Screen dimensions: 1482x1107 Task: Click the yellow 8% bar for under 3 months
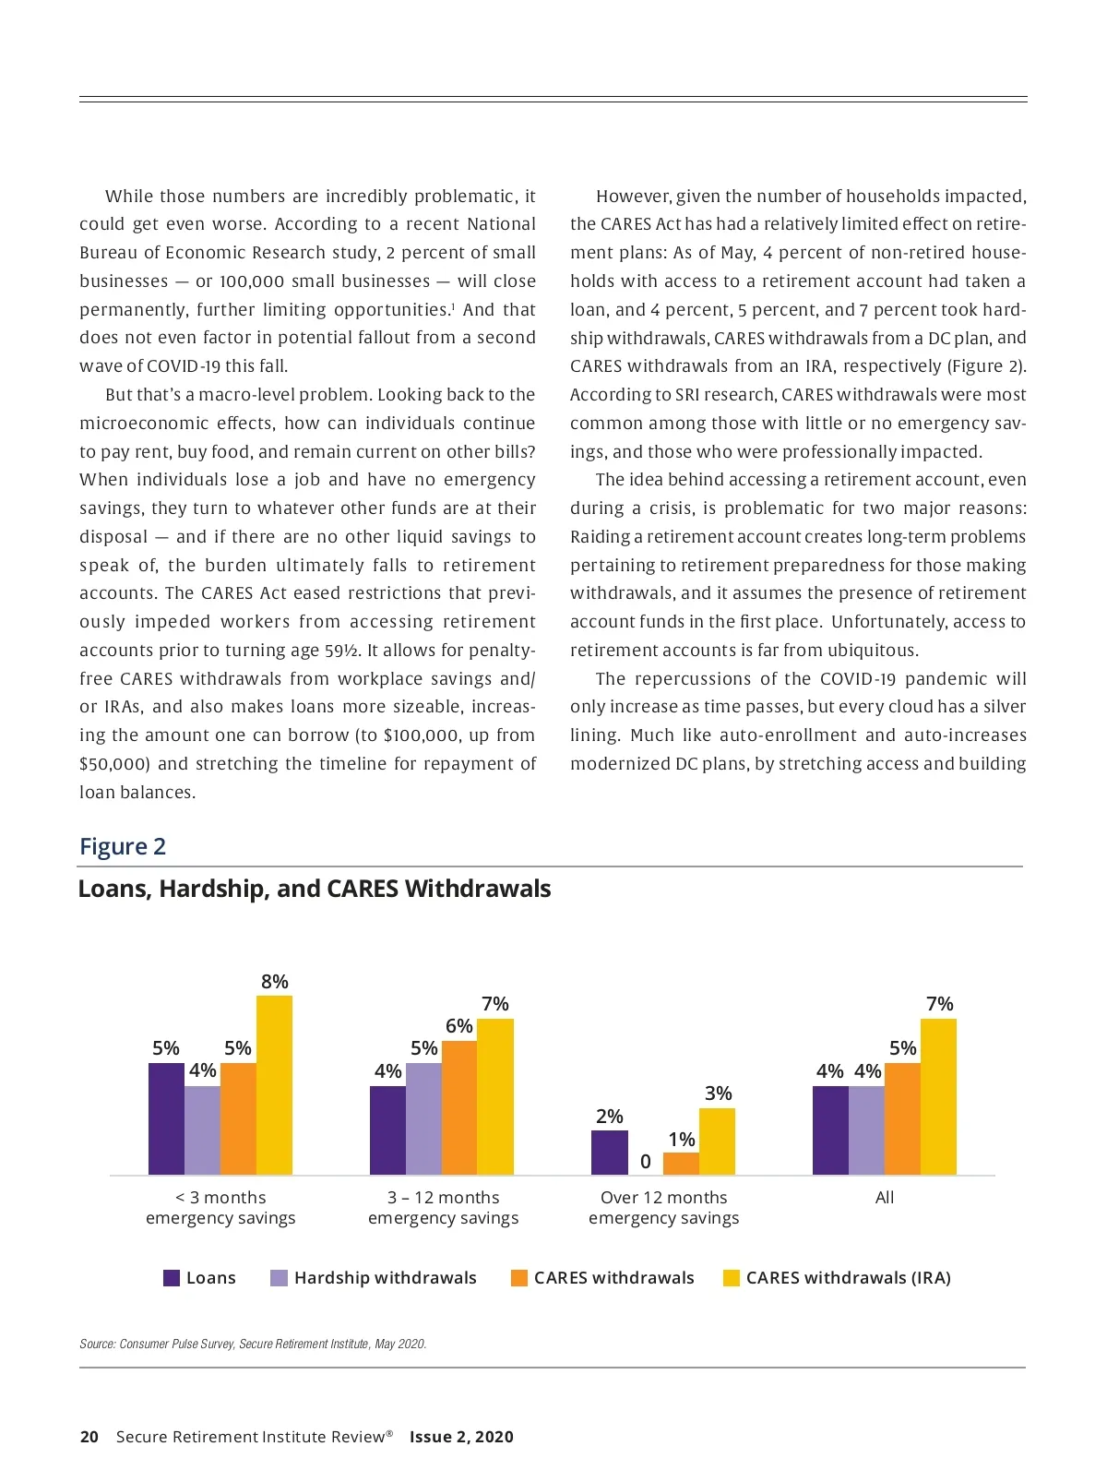click(x=274, y=1085)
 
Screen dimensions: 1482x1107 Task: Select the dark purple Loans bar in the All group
click(x=830, y=1130)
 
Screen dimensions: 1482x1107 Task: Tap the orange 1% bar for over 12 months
click(x=681, y=1164)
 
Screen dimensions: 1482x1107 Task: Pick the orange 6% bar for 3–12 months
click(x=459, y=1107)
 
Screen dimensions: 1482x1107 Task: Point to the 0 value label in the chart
click(x=646, y=1162)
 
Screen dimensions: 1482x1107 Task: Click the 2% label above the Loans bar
click(x=610, y=1117)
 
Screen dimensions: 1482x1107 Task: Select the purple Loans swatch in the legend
click(x=172, y=1278)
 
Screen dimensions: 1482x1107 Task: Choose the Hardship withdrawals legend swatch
click(x=279, y=1278)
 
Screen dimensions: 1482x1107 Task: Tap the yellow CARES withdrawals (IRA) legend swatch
click(x=732, y=1278)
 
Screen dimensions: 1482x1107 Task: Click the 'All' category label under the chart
click(x=885, y=1198)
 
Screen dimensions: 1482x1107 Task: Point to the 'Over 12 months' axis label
click(x=663, y=1198)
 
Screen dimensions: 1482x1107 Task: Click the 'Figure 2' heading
click(x=123, y=846)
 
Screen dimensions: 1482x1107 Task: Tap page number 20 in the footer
click(x=89, y=1437)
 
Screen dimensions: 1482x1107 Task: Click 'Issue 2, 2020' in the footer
click(x=461, y=1437)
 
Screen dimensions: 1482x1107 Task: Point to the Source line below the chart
click(x=253, y=1344)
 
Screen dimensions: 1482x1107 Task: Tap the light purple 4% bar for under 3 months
click(x=202, y=1130)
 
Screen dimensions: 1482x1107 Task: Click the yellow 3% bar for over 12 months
click(x=717, y=1141)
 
